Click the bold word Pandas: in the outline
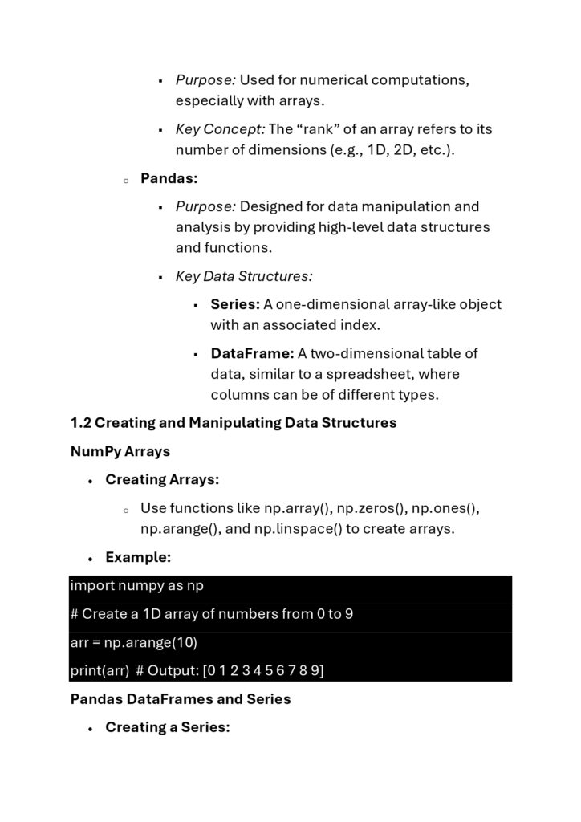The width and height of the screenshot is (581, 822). point(169,178)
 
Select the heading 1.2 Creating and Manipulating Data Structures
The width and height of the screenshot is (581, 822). point(234,423)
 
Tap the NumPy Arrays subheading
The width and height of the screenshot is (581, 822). point(120,451)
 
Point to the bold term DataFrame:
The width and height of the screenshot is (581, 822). point(252,353)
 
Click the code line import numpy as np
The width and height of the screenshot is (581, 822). point(137,586)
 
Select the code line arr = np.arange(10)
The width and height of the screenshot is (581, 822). point(134,642)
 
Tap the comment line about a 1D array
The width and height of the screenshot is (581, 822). point(212,614)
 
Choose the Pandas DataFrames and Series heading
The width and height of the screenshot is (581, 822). point(181,699)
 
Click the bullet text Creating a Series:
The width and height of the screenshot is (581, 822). point(168,727)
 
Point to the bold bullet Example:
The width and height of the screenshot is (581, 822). point(138,557)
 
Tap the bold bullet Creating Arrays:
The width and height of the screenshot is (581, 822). point(162,480)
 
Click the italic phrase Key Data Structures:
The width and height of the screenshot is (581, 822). point(244,276)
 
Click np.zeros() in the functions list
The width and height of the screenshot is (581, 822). point(370,508)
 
